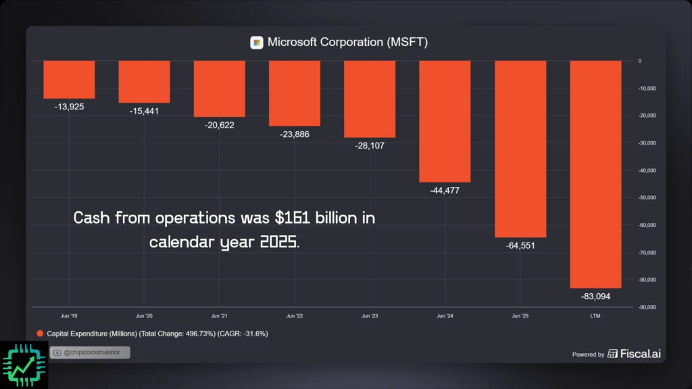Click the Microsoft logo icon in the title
tap(257, 43)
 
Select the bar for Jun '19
tap(69, 79)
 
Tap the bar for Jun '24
tap(445, 121)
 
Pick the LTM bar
tap(595, 174)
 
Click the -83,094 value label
tap(595, 296)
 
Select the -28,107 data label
tap(370, 145)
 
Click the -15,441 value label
tap(144, 111)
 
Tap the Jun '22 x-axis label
tap(295, 316)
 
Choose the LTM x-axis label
tap(595, 316)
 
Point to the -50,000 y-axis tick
tap(647, 198)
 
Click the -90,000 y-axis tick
tap(647, 307)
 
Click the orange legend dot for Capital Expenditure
tap(40, 334)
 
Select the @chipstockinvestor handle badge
tap(90, 353)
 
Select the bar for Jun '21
tap(219, 88)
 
